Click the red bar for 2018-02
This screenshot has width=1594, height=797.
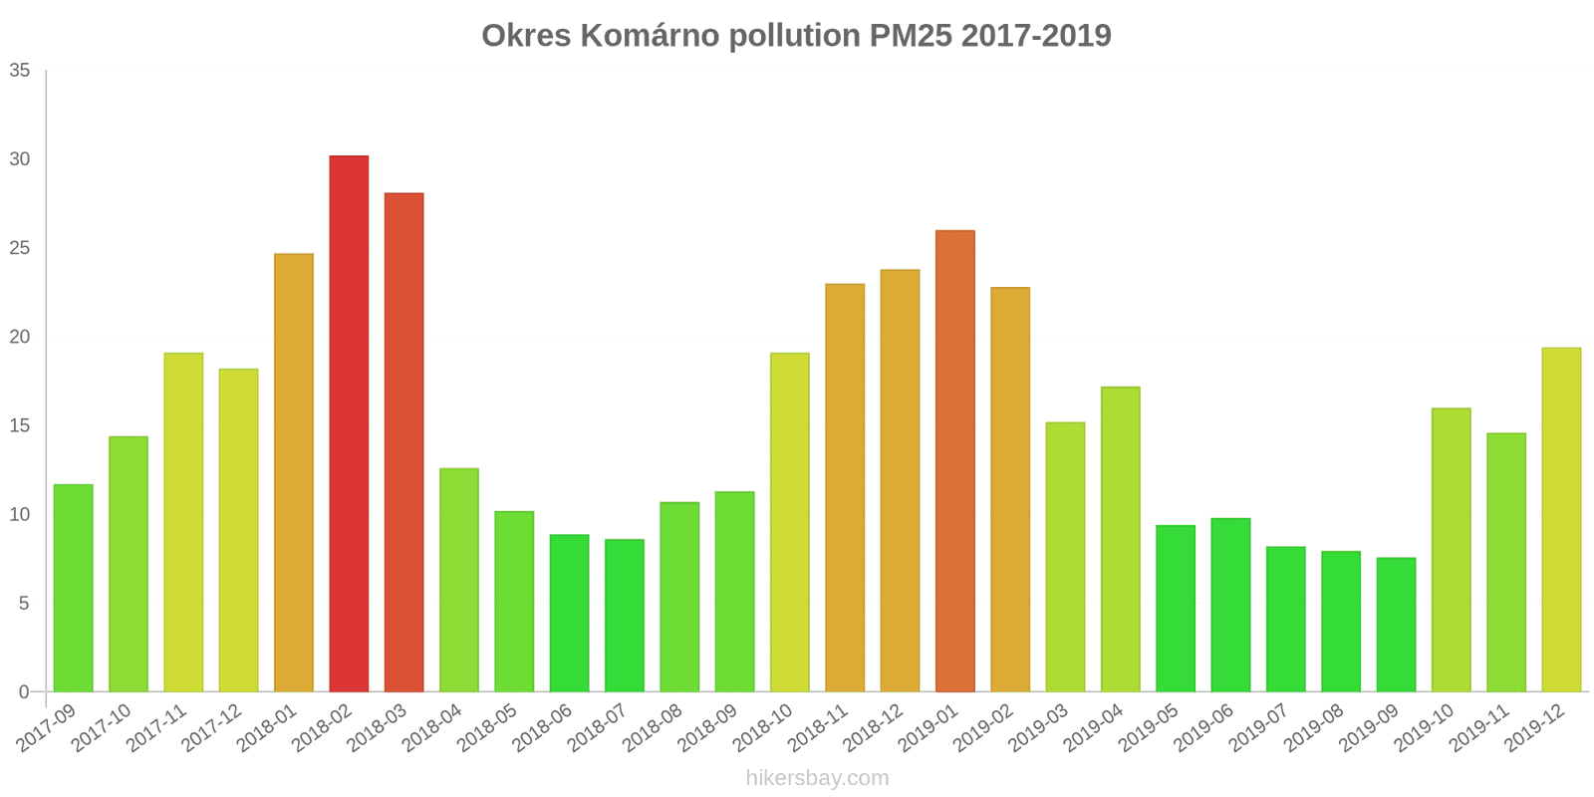tap(349, 423)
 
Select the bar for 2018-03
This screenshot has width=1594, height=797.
tap(403, 442)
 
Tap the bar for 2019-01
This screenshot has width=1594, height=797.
tap(955, 461)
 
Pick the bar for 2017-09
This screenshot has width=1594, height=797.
tap(73, 588)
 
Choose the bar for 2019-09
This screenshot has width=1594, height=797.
tap(1396, 625)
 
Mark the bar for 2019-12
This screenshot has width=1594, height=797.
tap(1561, 519)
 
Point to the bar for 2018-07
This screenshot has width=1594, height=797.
tap(625, 616)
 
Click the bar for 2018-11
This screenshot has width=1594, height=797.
tap(845, 487)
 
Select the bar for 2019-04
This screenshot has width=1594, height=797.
tap(1121, 539)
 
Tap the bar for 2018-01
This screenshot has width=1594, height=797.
tap(294, 472)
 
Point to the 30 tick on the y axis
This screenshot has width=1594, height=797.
tap(20, 159)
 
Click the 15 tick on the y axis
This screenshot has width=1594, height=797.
tap(20, 426)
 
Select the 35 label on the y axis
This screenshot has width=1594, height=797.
tap(20, 71)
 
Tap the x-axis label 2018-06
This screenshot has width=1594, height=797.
tap(543, 727)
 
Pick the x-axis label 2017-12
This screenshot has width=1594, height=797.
tap(212, 727)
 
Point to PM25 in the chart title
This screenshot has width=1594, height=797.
tap(910, 36)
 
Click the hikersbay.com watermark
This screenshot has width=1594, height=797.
tap(817, 778)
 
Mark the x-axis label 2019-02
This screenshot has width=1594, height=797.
tap(983, 727)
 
